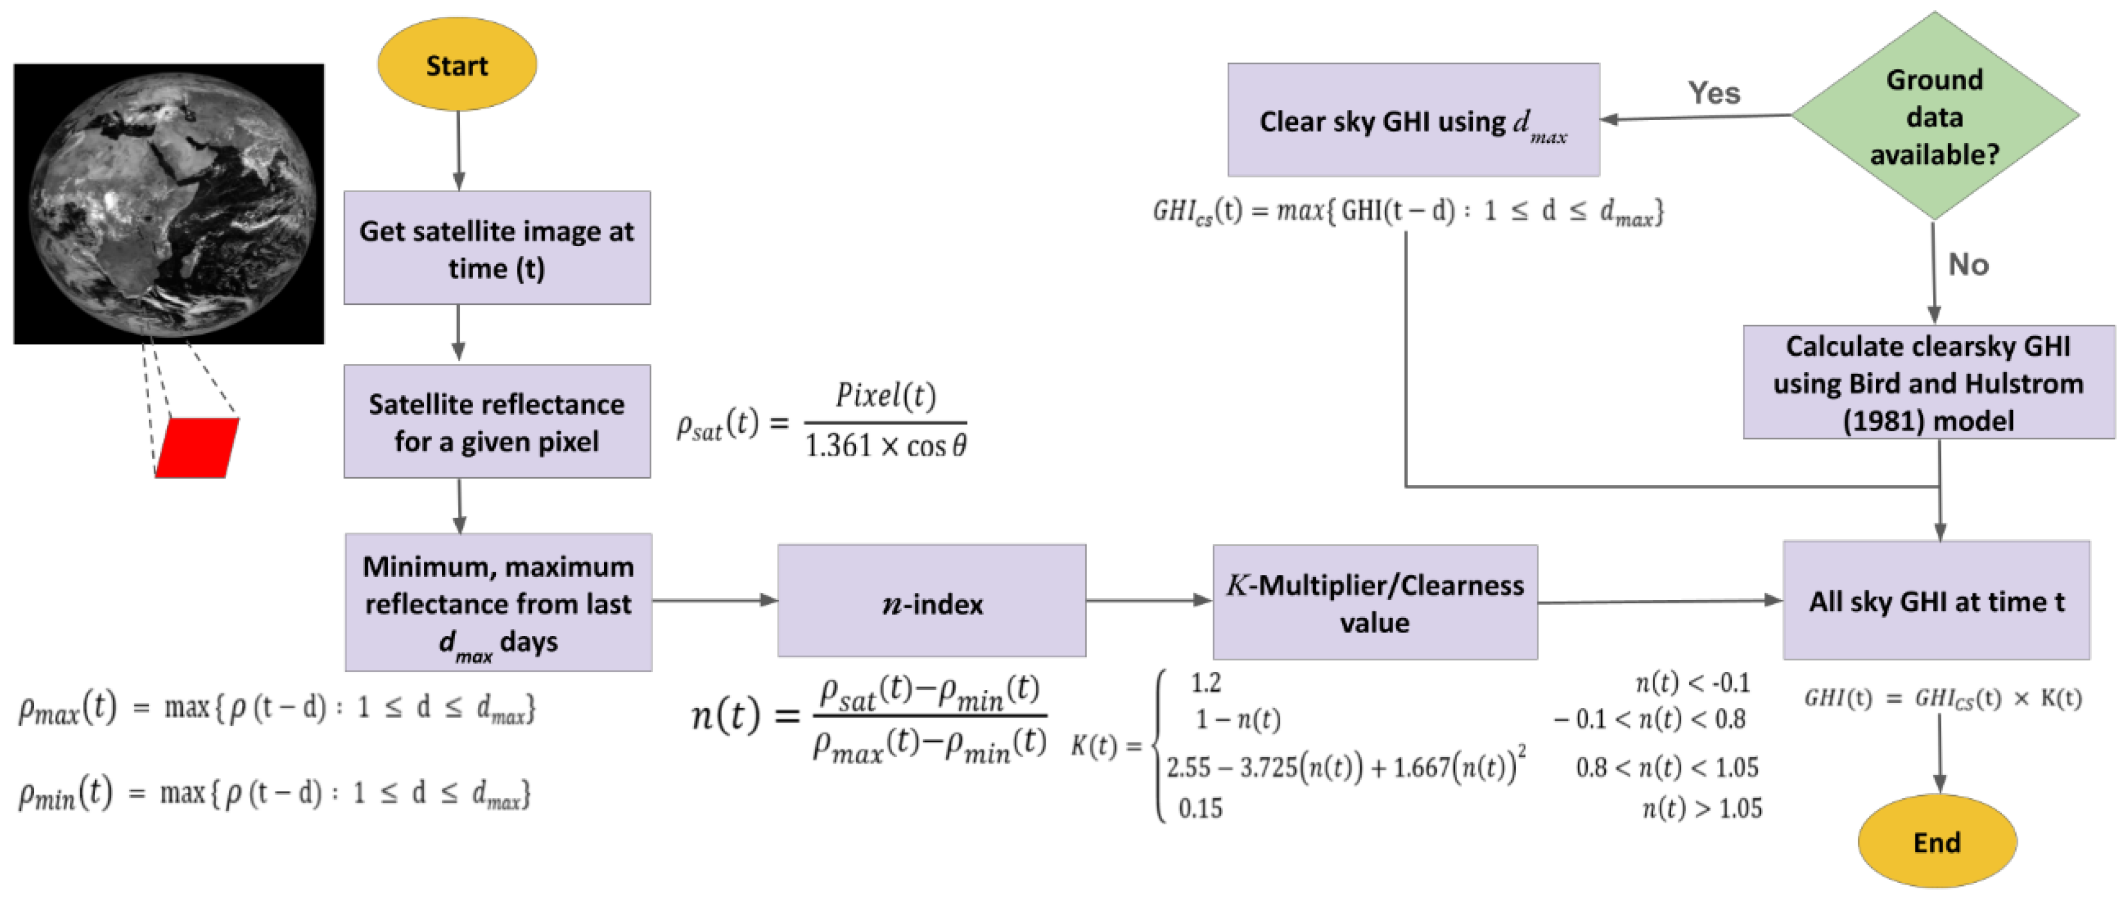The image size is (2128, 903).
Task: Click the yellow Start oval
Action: tap(457, 64)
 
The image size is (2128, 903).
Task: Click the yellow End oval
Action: tap(1937, 841)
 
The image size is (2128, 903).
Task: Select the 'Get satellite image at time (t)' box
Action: tap(496, 248)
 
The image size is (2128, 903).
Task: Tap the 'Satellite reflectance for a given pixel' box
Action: tap(496, 421)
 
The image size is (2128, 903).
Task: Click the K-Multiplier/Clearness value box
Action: tap(1375, 602)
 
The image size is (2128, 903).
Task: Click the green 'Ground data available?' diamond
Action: tap(1934, 116)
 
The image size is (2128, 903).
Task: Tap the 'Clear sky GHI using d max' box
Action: tap(1412, 121)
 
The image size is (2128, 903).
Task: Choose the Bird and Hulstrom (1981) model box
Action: tap(1928, 382)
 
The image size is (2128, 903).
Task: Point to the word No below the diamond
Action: tap(1968, 264)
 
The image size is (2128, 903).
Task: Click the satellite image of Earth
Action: tap(169, 204)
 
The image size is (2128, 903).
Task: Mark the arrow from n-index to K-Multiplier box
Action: tap(1148, 600)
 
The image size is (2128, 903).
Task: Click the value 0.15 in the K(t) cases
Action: tap(1199, 807)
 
